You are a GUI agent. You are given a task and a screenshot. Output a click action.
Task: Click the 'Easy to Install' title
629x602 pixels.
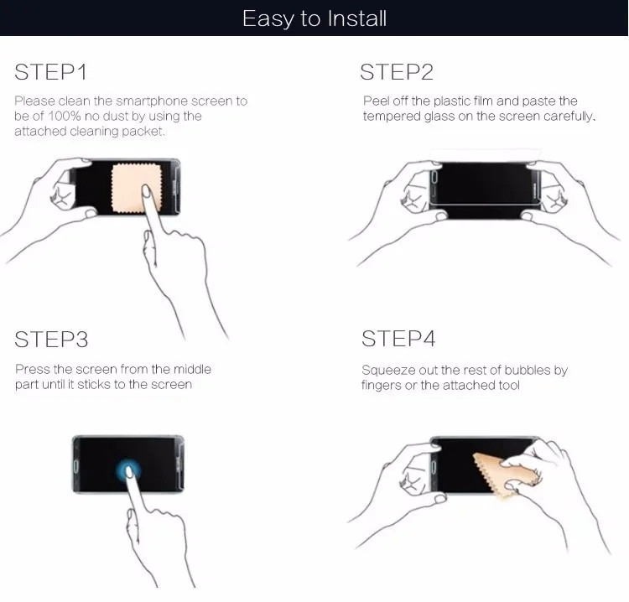314,18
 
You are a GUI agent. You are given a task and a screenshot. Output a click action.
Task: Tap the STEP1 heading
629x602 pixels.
50,72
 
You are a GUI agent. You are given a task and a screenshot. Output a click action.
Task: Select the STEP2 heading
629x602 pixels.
397,72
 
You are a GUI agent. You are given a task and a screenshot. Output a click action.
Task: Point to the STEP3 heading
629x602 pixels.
51,340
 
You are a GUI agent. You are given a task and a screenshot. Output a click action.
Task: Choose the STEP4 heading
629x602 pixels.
398,339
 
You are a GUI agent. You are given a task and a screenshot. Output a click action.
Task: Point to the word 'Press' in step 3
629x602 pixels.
32,370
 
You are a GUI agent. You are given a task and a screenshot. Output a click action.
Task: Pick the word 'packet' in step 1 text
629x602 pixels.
146,132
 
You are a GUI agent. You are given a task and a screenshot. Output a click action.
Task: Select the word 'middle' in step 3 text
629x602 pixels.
193,370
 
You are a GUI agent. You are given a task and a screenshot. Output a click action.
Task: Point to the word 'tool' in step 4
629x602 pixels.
508,385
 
